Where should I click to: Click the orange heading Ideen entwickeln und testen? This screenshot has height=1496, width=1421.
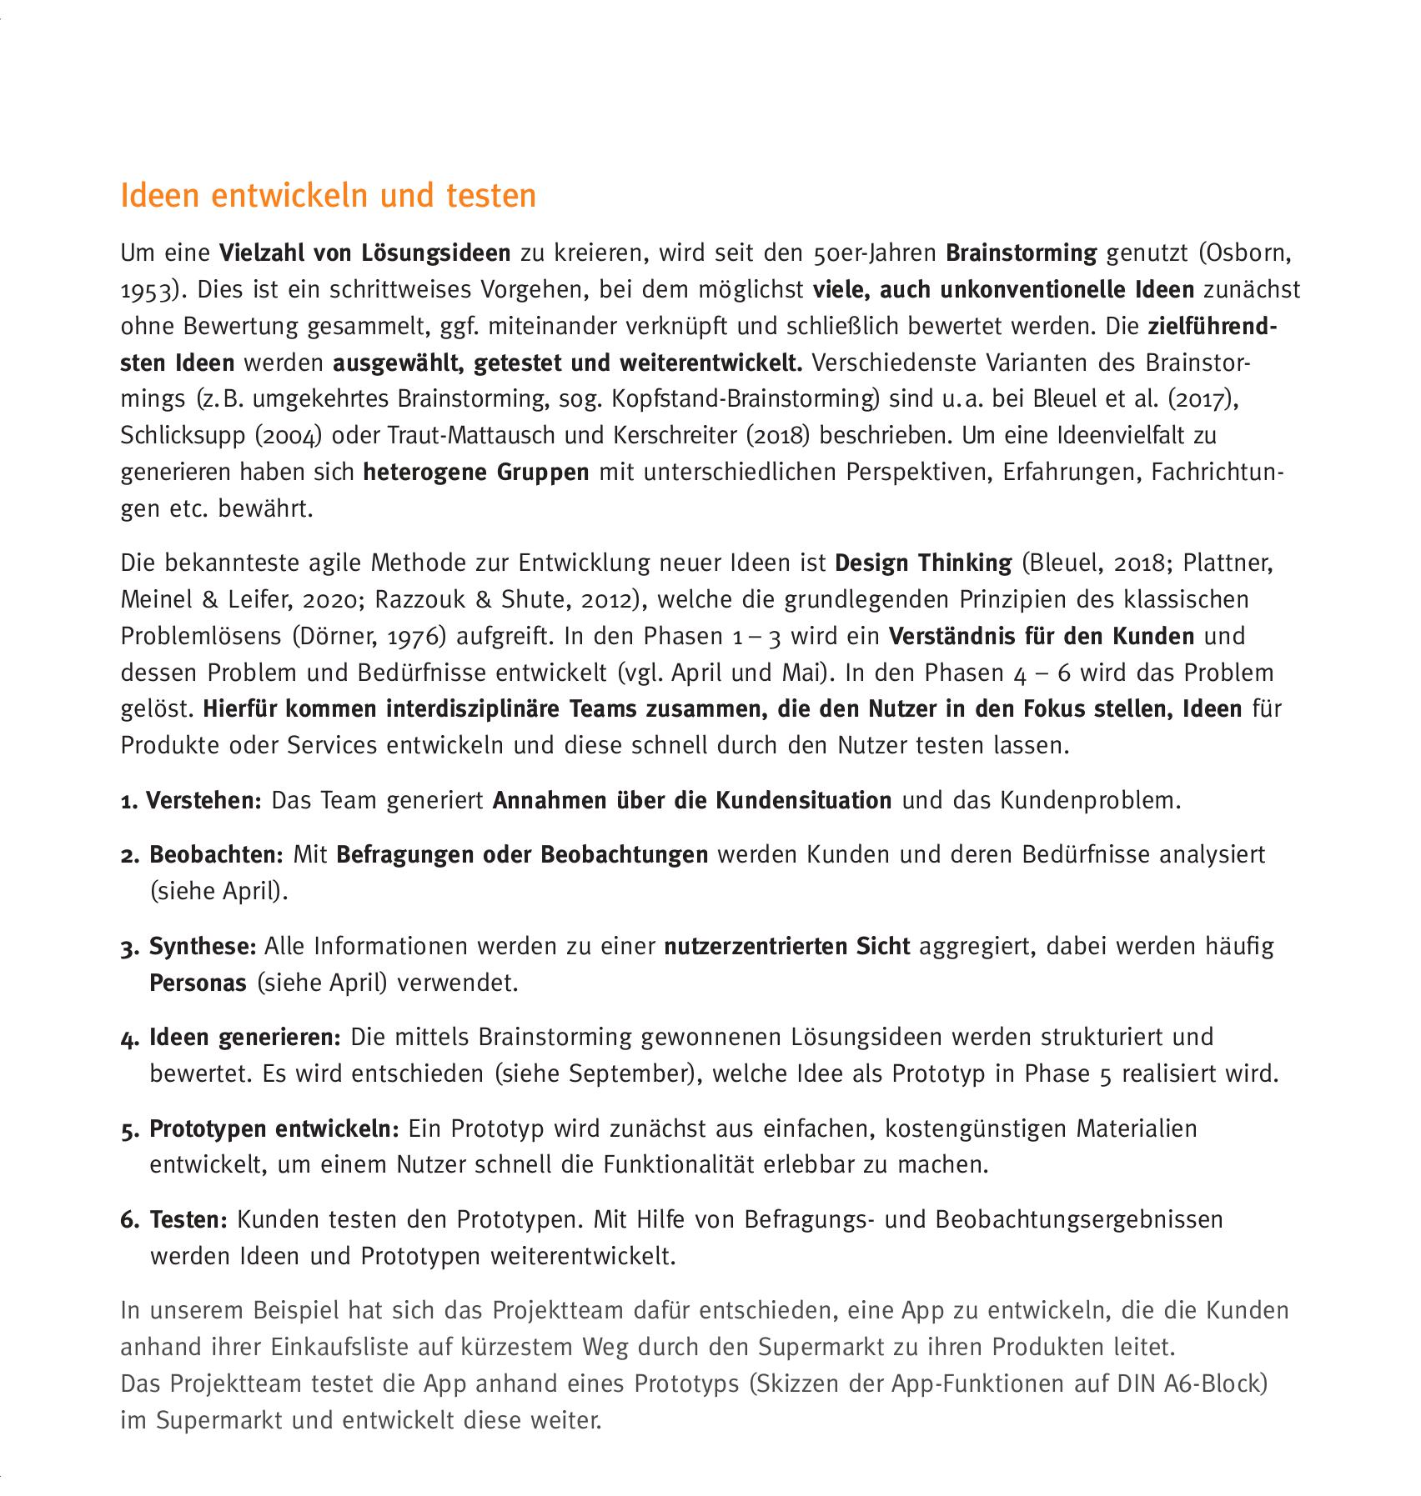point(328,196)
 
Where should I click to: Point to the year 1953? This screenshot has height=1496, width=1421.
point(147,290)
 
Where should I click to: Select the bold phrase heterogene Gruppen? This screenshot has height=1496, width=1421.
point(475,473)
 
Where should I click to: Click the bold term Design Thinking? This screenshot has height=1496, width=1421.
point(922,563)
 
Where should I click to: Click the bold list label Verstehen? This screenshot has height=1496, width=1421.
point(203,801)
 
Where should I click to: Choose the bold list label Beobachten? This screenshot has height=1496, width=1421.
point(217,855)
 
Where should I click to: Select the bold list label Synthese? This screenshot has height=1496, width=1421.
point(203,947)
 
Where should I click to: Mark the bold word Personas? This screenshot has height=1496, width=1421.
point(198,983)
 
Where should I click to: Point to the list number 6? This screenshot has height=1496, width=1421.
point(128,1221)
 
